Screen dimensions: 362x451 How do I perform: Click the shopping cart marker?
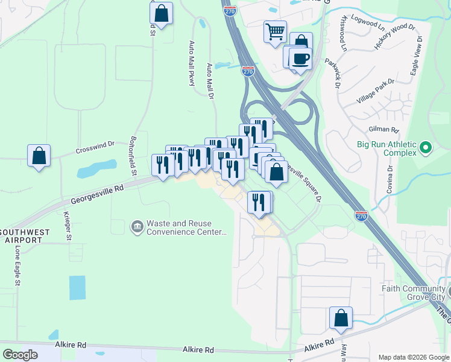point(275,31)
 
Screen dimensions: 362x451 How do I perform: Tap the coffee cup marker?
point(300,59)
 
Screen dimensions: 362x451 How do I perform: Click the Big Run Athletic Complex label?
point(387,148)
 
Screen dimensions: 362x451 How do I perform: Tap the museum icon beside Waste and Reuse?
point(137,227)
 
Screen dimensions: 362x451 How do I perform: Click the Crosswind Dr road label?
point(95,147)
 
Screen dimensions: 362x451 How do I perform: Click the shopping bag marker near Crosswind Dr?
point(39,156)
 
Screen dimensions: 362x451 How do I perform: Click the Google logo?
point(20,355)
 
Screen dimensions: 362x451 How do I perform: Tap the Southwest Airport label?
point(21,236)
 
